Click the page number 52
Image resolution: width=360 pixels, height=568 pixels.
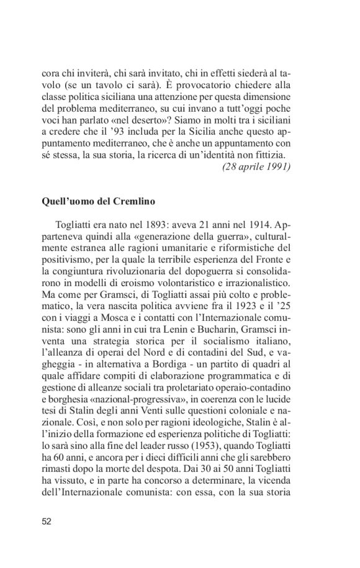point(47,521)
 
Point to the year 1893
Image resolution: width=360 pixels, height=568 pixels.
point(149,223)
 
